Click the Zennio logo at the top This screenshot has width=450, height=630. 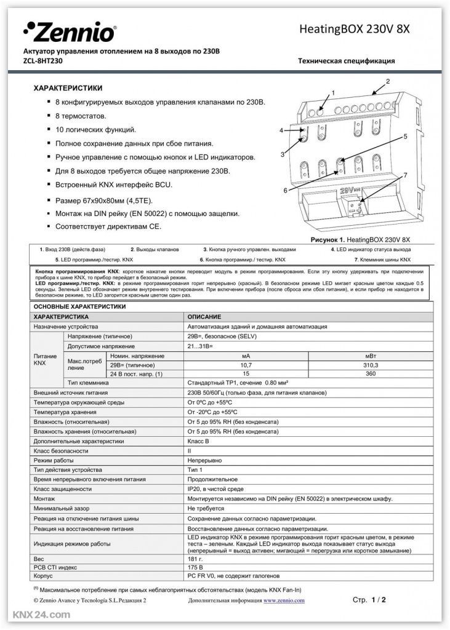69,31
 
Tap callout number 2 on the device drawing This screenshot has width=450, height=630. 388,82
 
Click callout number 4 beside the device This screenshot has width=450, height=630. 281,130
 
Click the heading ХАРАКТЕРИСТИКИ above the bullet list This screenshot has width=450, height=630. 68,88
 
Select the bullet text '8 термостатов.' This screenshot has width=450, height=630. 81,116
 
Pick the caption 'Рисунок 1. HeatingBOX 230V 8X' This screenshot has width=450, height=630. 358,238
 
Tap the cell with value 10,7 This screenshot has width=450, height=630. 246,365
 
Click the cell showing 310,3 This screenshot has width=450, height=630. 371,365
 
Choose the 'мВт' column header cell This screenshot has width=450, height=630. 371,356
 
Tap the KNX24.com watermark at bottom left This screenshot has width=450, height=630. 36,615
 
